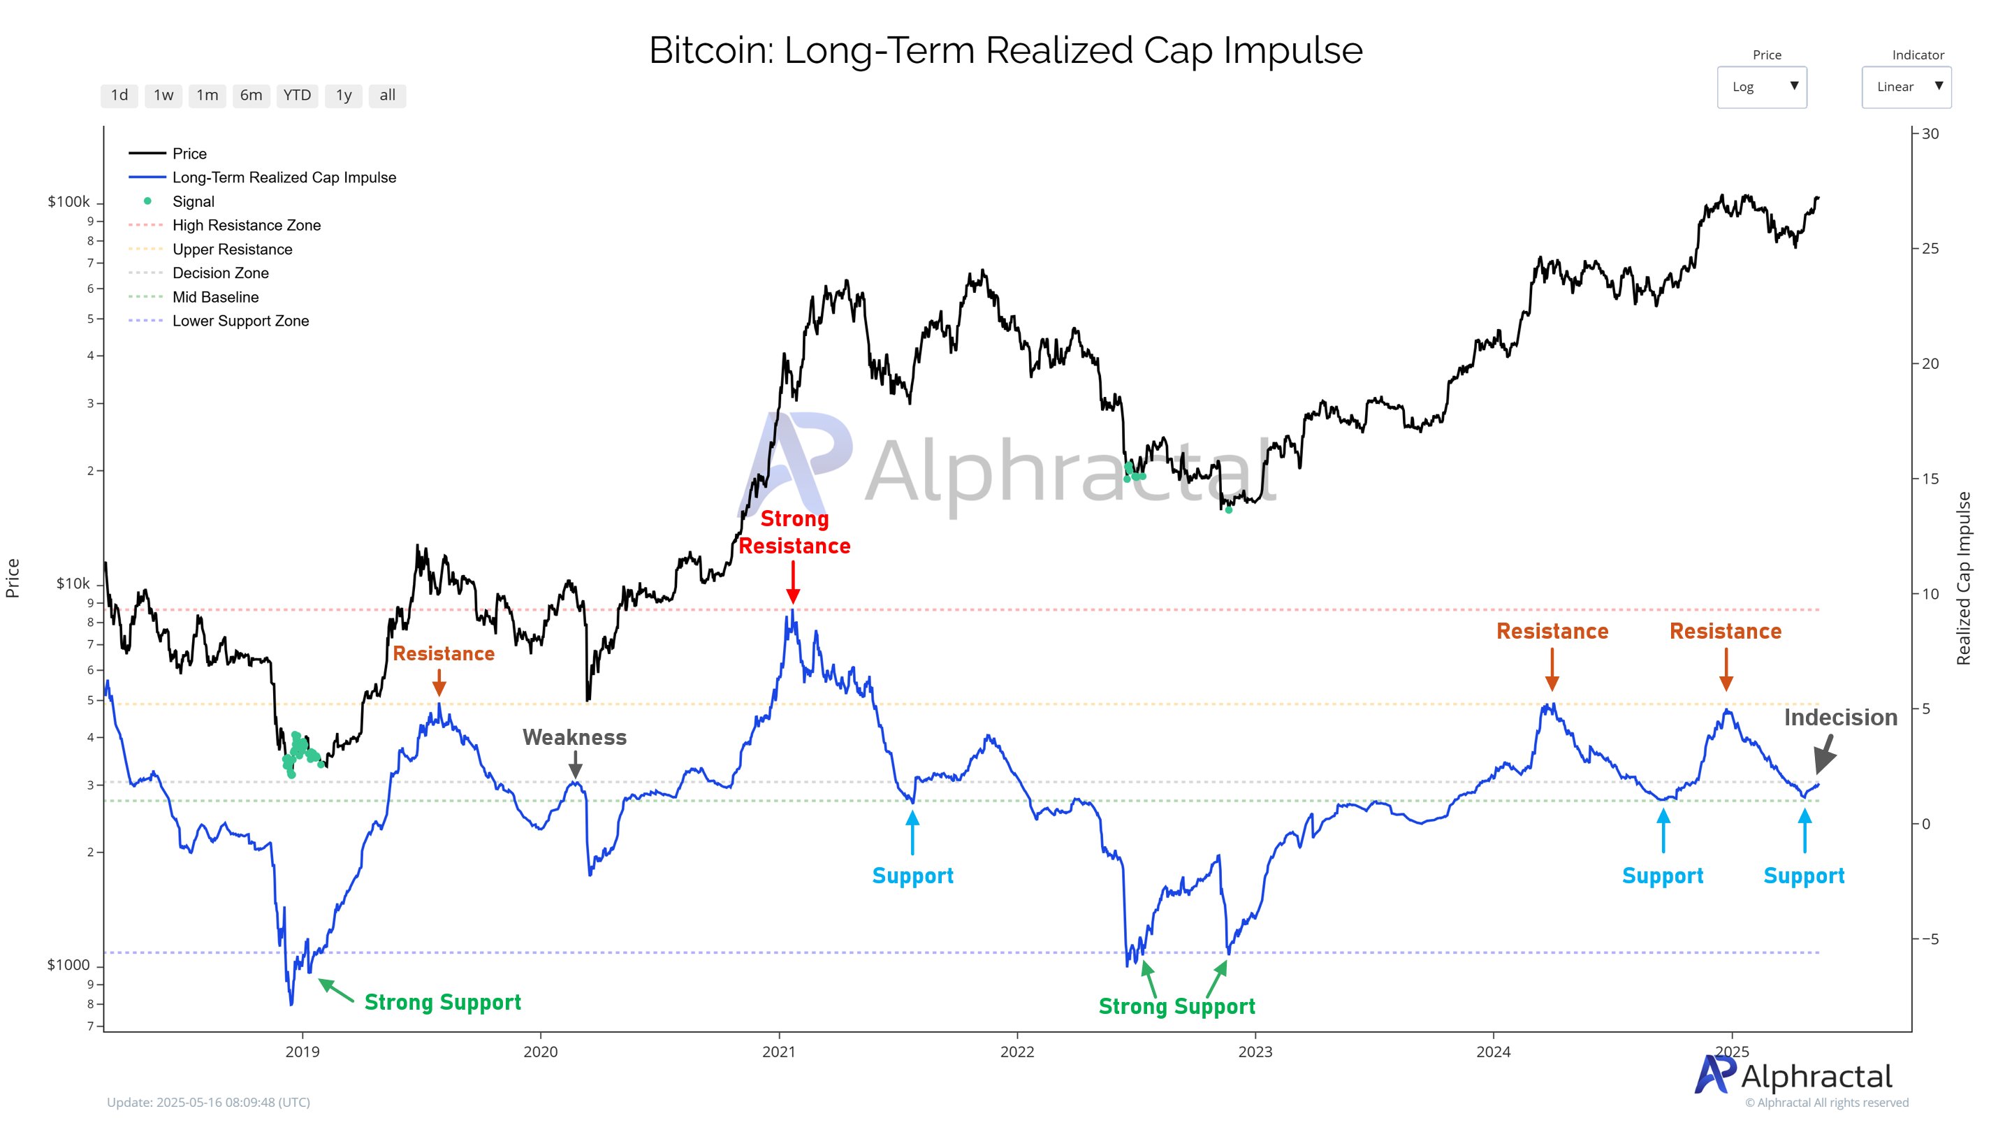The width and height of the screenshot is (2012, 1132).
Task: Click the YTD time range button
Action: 297,95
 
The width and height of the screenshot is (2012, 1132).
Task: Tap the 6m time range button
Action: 251,95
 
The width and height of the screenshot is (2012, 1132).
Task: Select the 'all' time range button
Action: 388,95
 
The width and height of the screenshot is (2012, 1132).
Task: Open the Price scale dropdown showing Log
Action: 1761,87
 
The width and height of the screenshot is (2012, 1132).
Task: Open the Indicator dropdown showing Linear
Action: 1906,87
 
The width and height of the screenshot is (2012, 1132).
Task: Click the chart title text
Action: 1005,50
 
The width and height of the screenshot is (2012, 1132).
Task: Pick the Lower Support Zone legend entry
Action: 240,321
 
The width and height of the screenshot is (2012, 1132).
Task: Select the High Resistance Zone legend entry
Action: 246,226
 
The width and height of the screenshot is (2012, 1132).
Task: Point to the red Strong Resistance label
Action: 794,532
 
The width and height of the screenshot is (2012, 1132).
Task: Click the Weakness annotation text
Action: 574,737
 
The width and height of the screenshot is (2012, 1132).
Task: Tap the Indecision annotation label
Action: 1839,717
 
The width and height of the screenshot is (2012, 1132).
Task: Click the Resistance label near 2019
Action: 443,654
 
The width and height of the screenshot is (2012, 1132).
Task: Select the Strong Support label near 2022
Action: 1176,1006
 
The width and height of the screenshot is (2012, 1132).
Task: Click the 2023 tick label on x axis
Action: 1255,1052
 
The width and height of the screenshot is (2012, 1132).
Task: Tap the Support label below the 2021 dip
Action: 912,876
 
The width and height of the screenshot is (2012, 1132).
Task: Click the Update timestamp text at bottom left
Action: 209,1103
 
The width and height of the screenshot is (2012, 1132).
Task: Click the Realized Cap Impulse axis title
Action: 1963,578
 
